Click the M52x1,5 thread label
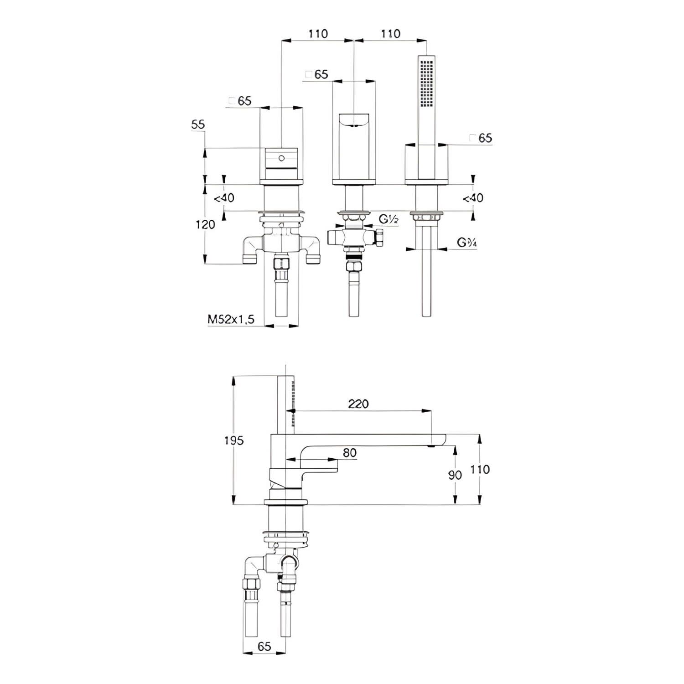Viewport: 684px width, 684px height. tap(230, 320)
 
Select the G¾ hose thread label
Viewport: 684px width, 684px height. tap(467, 243)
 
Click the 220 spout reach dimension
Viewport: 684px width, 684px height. tap(358, 404)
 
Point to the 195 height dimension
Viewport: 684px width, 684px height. tap(234, 440)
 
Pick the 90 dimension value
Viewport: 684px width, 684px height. tap(455, 475)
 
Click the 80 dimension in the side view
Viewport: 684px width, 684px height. tap(349, 453)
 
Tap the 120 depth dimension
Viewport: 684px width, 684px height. tap(205, 224)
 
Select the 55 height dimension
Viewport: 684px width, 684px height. tap(198, 124)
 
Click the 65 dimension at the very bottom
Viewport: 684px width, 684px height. tap(264, 646)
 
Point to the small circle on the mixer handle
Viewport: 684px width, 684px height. tap(281, 158)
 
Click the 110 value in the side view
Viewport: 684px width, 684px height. tap(480, 469)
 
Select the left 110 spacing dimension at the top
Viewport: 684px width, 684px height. tap(318, 34)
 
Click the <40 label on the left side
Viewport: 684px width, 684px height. tap(224, 198)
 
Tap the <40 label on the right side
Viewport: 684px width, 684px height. tap(473, 198)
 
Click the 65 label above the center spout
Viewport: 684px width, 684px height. tap(317, 74)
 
